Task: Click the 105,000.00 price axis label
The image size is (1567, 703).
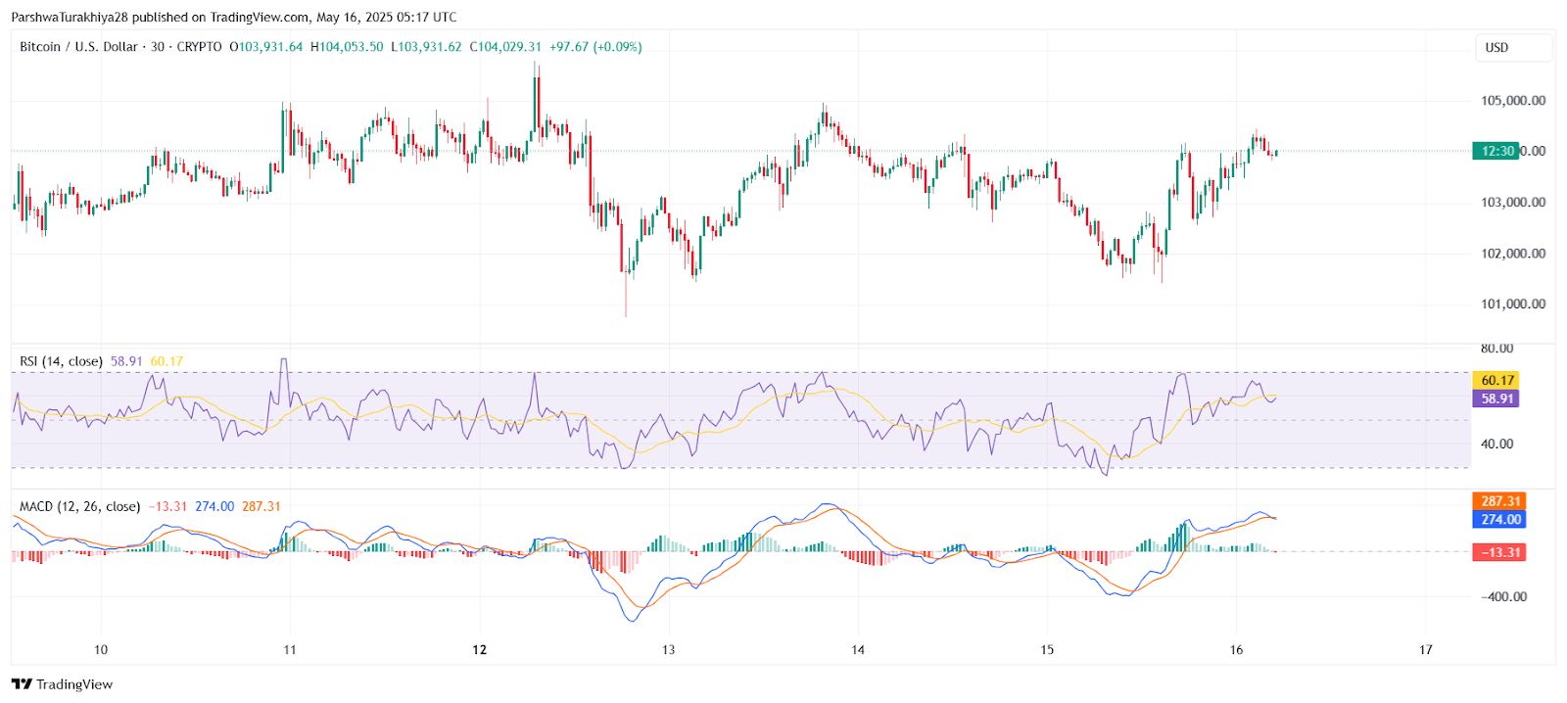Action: point(1513,101)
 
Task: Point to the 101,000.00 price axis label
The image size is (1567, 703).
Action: point(1513,305)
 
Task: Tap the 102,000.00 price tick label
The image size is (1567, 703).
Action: point(1513,254)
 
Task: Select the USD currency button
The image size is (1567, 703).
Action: point(1513,48)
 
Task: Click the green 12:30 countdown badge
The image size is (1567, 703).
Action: point(1497,151)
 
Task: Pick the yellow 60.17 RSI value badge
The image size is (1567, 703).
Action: point(1497,381)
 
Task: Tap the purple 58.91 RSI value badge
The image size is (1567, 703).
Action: point(1497,399)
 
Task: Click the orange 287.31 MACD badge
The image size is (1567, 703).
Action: point(1500,501)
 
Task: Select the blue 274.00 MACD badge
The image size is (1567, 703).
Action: point(1500,520)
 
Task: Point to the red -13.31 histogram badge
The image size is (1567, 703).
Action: point(1499,553)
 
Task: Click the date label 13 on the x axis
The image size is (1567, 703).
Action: point(668,650)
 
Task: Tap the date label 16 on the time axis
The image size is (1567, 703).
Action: point(1236,650)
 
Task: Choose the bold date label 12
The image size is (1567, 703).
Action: point(479,650)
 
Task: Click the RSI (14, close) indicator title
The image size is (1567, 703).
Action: point(61,362)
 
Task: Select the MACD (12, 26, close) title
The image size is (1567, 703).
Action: point(79,507)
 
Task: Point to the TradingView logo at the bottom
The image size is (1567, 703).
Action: point(63,684)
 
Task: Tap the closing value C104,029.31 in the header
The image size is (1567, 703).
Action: point(505,47)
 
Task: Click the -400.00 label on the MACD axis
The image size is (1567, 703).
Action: point(1503,597)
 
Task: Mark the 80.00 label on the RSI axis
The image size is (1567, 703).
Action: point(1496,349)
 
